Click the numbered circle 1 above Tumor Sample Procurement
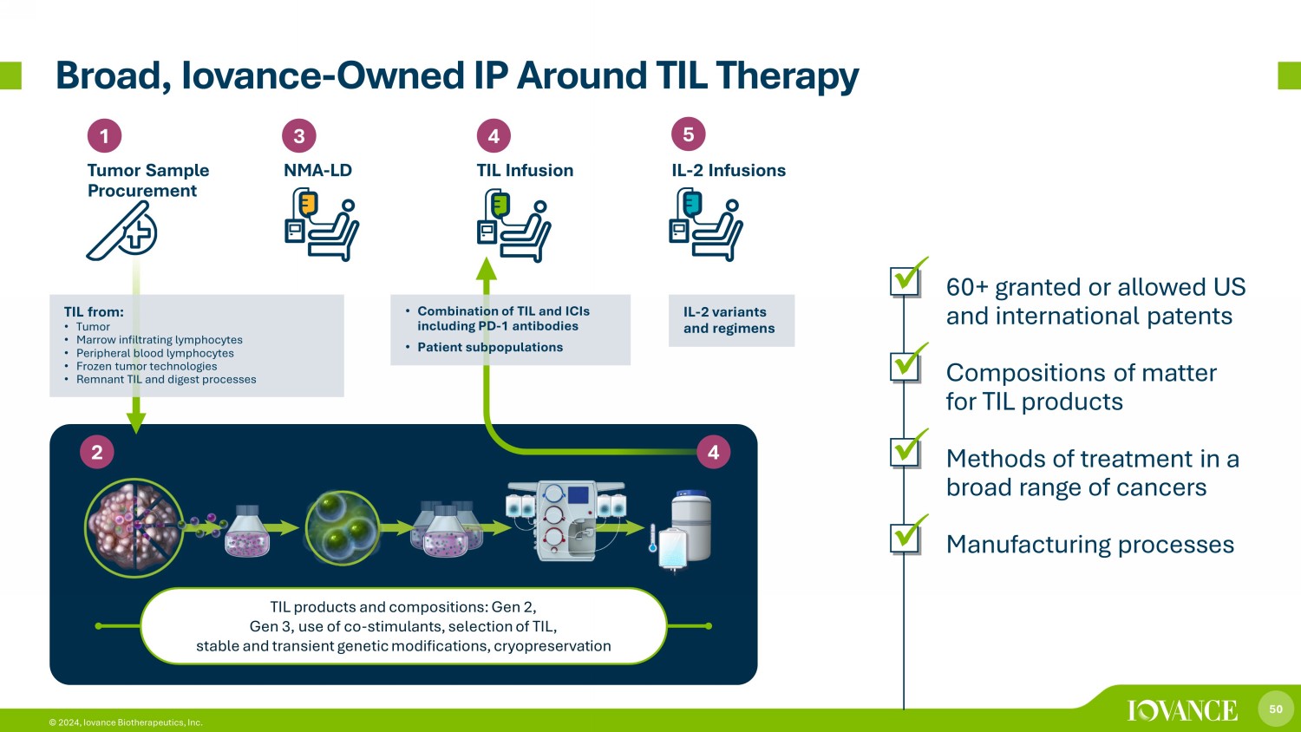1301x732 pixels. [x=104, y=136]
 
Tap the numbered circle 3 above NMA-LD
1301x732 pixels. [x=299, y=136]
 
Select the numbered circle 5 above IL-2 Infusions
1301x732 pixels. [x=689, y=134]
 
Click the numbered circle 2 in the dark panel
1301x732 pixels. [x=97, y=452]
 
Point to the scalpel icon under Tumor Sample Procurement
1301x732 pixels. [x=121, y=232]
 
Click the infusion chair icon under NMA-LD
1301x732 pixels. [x=321, y=225]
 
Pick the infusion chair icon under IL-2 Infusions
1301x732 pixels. [x=706, y=225]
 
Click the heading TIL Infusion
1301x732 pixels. [x=525, y=171]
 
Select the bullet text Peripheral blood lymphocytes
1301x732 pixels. [x=154, y=353]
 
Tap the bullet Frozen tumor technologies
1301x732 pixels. [x=147, y=366]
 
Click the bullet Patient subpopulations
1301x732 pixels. [x=490, y=347]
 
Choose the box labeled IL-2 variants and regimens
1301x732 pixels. [x=730, y=321]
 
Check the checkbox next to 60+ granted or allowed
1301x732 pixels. [x=905, y=280]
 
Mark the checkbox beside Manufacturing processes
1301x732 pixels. [x=905, y=538]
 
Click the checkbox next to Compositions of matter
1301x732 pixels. [x=905, y=366]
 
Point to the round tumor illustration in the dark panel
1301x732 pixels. [x=134, y=527]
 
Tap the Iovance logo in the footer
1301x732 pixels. [x=1182, y=710]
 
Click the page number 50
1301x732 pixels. [x=1276, y=709]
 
